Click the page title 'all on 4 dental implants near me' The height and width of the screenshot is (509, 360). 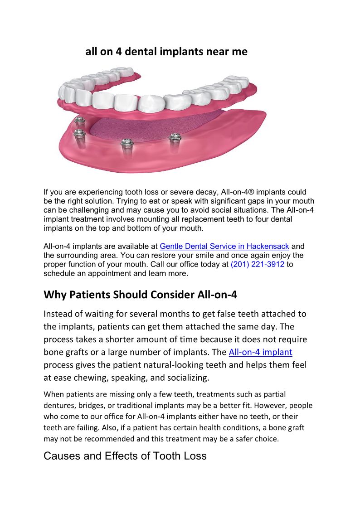(x=166, y=52)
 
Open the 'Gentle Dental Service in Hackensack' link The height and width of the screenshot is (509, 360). (x=224, y=247)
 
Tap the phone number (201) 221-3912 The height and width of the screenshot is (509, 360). (x=257, y=265)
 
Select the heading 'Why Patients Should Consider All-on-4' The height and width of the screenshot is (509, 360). (x=140, y=295)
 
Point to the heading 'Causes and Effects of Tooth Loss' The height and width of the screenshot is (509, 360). (x=125, y=456)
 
